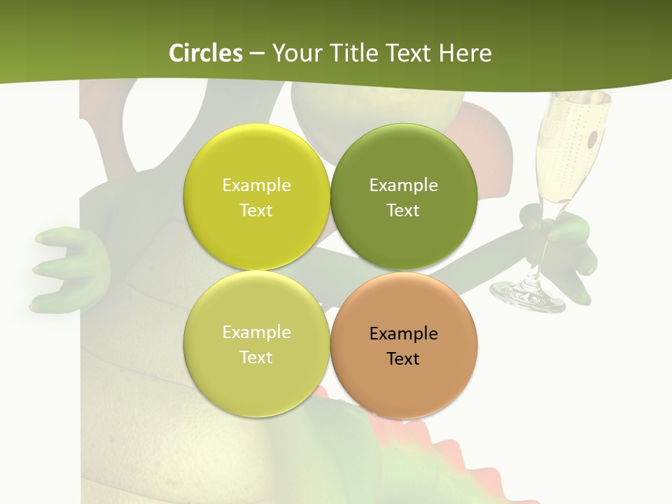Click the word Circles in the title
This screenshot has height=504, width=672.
(x=206, y=53)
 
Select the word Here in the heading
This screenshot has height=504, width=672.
(x=465, y=53)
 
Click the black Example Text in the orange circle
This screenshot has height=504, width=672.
(x=403, y=346)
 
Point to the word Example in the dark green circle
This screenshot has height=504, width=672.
(x=403, y=185)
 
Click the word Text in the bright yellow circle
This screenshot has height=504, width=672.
(x=256, y=211)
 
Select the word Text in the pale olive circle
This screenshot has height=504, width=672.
(x=256, y=358)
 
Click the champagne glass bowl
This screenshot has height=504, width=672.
(x=570, y=147)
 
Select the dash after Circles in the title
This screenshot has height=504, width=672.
(x=257, y=53)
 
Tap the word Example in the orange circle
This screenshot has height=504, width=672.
(x=403, y=334)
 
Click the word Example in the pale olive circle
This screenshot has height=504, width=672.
(x=256, y=332)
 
